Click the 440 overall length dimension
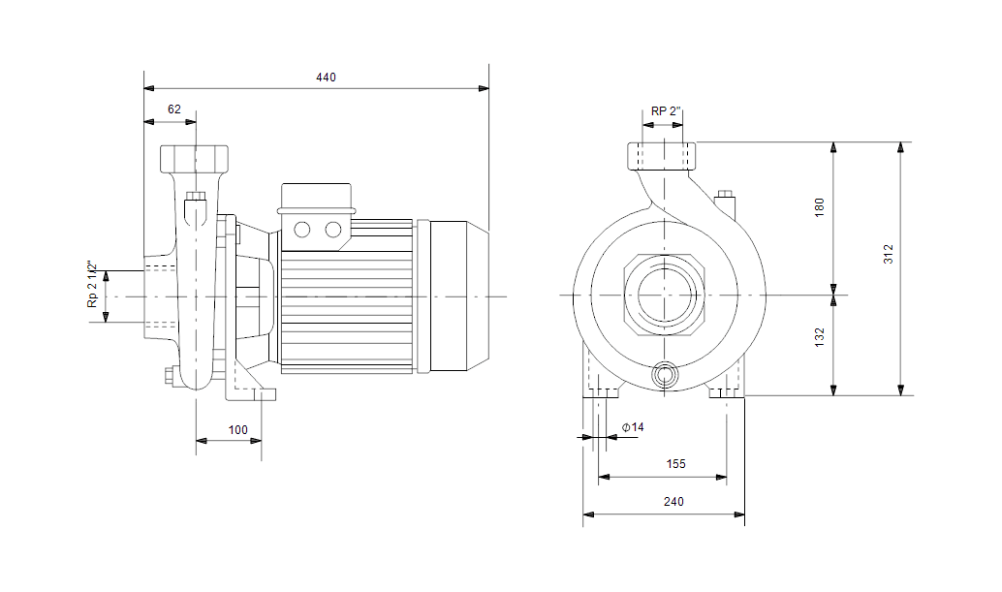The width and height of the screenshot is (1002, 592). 326,78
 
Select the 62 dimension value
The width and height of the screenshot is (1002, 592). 174,109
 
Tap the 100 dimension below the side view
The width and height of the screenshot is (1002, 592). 238,430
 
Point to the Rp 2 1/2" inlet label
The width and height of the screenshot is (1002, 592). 93,284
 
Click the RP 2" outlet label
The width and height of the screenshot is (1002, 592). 666,111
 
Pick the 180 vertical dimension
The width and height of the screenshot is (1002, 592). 819,207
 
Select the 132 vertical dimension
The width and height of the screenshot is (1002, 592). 819,337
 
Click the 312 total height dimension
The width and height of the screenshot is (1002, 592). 889,254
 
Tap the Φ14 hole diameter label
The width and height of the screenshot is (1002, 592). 634,427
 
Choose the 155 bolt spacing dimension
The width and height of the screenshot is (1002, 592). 675,464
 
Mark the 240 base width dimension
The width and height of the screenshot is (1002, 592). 673,502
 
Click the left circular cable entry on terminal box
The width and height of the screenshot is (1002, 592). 301,230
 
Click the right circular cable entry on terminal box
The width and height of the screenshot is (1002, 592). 333,230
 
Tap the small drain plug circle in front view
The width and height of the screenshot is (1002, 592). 665,376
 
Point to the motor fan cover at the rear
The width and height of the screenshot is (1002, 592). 459,296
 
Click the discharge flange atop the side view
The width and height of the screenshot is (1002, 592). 194,159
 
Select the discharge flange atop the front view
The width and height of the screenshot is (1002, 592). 662,156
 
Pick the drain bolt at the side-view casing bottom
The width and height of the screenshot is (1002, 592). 171,376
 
